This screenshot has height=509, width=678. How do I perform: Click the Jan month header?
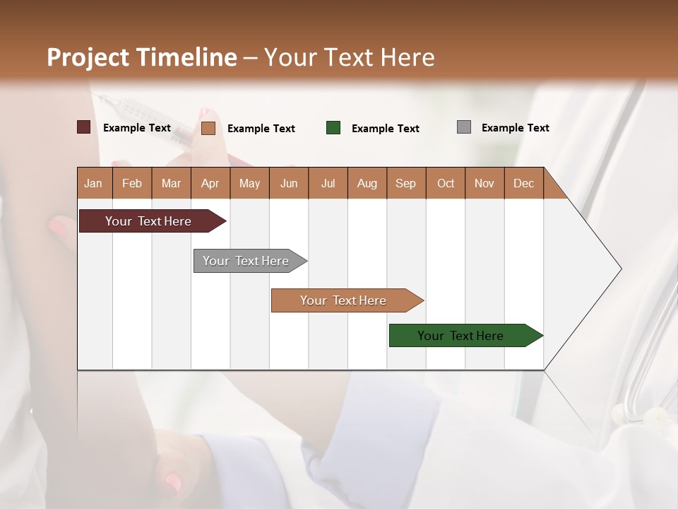pyautogui.click(x=93, y=183)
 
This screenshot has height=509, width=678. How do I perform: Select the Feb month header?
pyautogui.click(x=132, y=183)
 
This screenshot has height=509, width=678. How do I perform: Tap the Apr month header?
pyautogui.click(x=210, y=183)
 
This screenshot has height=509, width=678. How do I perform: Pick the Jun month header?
pyautogui.click(x=289, y=183)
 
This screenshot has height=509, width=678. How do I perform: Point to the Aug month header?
pyautogui.click(x=367, y=183)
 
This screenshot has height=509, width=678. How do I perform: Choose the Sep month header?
pyautogui.click(x=406, y=183)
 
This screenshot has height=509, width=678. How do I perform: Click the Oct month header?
pyautogui.click(x=446, y=183)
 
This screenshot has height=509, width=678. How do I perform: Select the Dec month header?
pyautogui.click(x=524, y=183)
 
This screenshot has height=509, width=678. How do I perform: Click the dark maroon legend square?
pyautogui.click(x=84, y=127)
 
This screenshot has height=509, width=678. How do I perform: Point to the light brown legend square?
pyautogui.click(x=208, y=128)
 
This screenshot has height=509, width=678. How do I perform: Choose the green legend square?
pyautogui.click(x=333, y=128)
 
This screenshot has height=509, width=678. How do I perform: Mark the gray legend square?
pyautogui.click(x=464, y=127)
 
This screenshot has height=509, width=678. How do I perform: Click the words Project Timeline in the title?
pyautogui.click(x=142, y=57)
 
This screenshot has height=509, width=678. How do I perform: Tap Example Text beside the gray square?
pyautogui.click(x=516, y=128)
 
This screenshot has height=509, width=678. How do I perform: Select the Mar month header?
pyautogui.click(x=171, y=183)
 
